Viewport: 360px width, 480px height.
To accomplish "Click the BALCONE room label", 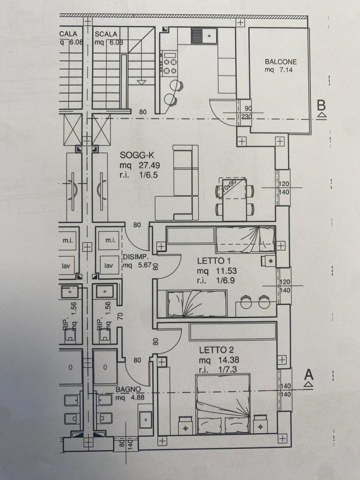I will [280, 62].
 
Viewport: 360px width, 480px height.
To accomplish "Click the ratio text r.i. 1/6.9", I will [216, 280].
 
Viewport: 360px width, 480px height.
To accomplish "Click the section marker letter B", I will [321, 106].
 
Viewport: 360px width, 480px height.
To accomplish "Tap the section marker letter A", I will [308, 375].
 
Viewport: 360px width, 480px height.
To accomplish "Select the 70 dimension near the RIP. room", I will [120, 315].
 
